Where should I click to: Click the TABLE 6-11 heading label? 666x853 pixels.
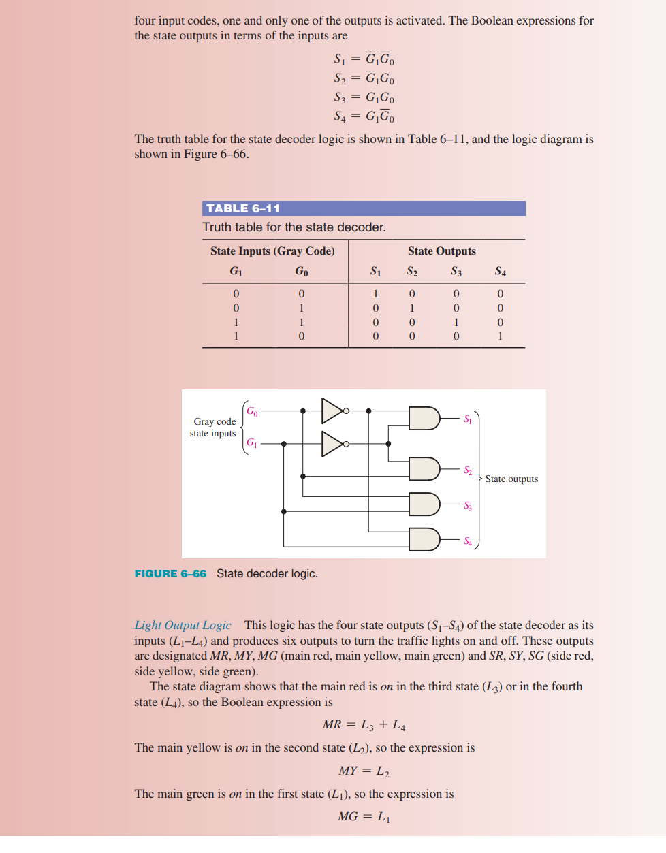pyautogui.click(x=243, y=208)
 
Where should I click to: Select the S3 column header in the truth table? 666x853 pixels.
pyautogui.click(x=456, y=272)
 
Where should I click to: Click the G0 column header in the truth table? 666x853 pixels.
pyautogui.click(x=302, y=272)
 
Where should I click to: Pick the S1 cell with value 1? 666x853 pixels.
pyautogui.click(x=375, y=294)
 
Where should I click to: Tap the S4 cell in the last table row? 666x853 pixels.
pyautogui.click(x=501, y=336)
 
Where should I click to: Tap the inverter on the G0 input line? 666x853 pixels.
pyautogui.click(x=333, y=411)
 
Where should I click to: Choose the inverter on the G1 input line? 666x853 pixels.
pyautogui.click(x=333, y=444)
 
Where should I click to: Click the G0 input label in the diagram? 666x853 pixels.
pyautogui.click(x=252, y=411)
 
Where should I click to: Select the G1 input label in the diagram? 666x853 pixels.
pyautogui.click(x=252, y=442)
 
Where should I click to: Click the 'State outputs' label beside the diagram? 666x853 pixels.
pyautogui.click(x=511, y=479)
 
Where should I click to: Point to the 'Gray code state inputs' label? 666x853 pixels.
pyautogui.click(x=213, y=428)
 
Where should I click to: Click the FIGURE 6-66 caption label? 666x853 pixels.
pyautogui.click(x=170, y=574)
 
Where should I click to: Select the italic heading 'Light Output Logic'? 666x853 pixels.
pyautogui.click(x=183, y=625)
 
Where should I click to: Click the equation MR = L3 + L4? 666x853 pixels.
pyautogui.click(x=364, y=725)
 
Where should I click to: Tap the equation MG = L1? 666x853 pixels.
pyautogui.click(x=364, y=816)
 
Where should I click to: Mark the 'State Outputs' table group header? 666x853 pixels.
pyautogui.click(x=442, y=251)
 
